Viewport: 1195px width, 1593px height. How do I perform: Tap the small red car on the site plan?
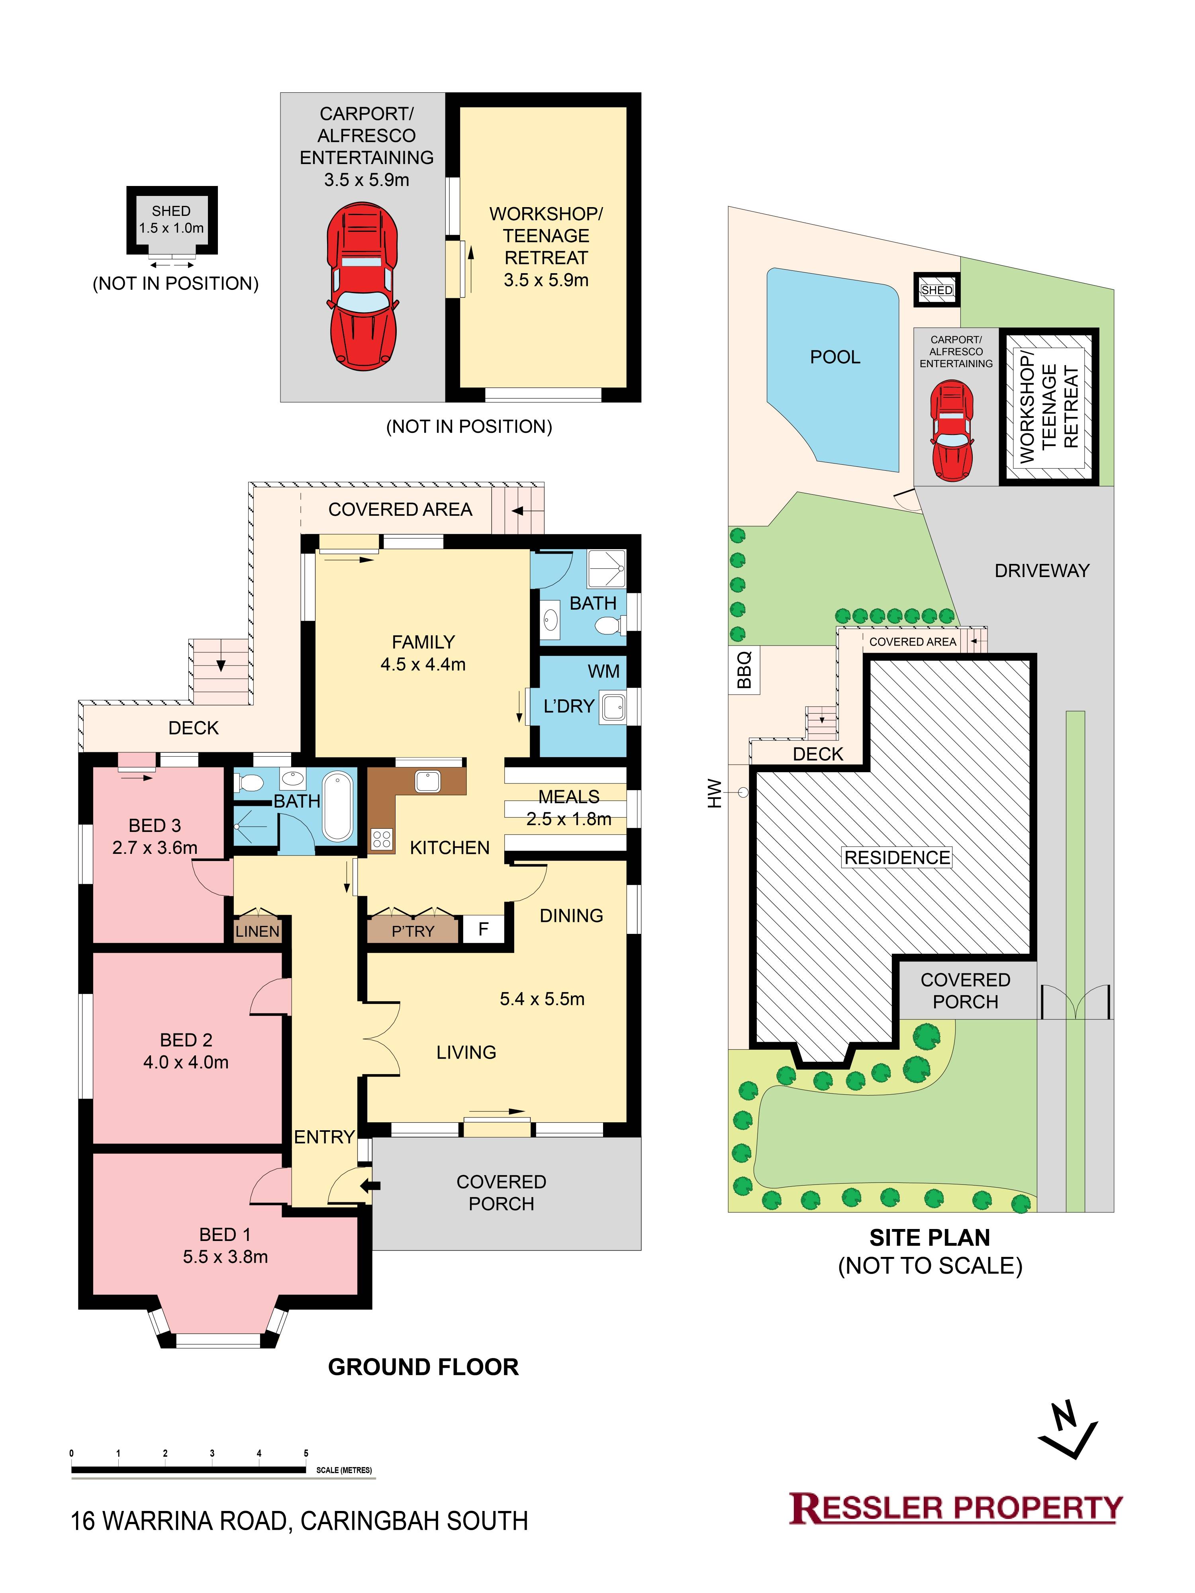(952, 430)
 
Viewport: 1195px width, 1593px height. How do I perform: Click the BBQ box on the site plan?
(745, 669)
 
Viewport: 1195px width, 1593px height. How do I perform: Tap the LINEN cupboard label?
(257, 931)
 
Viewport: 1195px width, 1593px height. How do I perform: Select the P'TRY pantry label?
(413, 931)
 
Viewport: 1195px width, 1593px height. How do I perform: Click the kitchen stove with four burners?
(382, 839)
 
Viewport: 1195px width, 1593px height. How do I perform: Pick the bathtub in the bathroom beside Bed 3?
(338, 806)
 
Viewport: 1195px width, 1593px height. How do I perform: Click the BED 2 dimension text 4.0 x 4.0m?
(186, 1062)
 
